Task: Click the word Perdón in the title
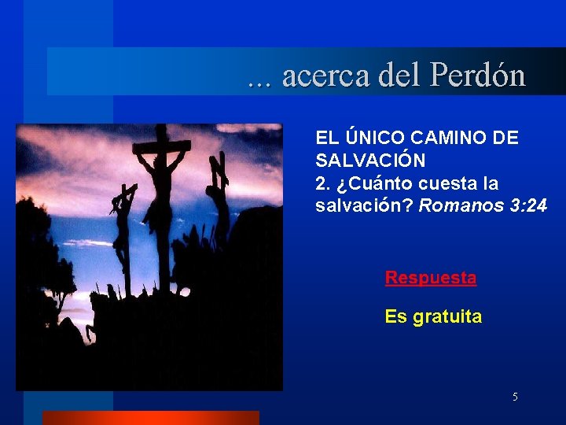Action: [477, 76]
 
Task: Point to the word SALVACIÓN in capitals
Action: [370, 161]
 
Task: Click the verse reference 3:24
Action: [524, 206]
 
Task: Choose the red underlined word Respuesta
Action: [430, 278]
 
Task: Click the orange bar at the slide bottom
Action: [150, 417]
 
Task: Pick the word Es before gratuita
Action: [394, 317]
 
